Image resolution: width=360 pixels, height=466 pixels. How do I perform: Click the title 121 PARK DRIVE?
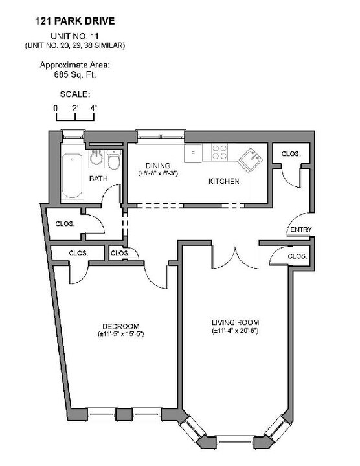tap(75, 21)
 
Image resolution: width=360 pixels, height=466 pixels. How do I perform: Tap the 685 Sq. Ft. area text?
tap(74, 74)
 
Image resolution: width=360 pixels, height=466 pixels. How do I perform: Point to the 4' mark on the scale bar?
tap(93, 107)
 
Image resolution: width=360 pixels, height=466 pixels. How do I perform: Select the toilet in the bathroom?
tap(114, 160)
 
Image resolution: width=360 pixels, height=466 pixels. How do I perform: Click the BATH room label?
tap(98, 179)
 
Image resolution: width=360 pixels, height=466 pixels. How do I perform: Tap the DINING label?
tap(158, 165)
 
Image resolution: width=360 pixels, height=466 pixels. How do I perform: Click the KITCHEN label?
tap(223, 182)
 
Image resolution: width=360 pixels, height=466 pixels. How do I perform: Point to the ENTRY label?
tap(301, 230)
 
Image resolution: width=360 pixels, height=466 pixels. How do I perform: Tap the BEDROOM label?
tap(120, 326)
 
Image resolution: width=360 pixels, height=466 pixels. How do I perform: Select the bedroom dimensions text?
tap(120, 334)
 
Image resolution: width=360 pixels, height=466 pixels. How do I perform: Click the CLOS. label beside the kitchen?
tap(290, 154)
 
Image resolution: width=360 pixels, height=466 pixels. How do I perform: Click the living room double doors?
tap(236, 258)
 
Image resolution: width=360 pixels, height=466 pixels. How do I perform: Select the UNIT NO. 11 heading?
tap(75, 37)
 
